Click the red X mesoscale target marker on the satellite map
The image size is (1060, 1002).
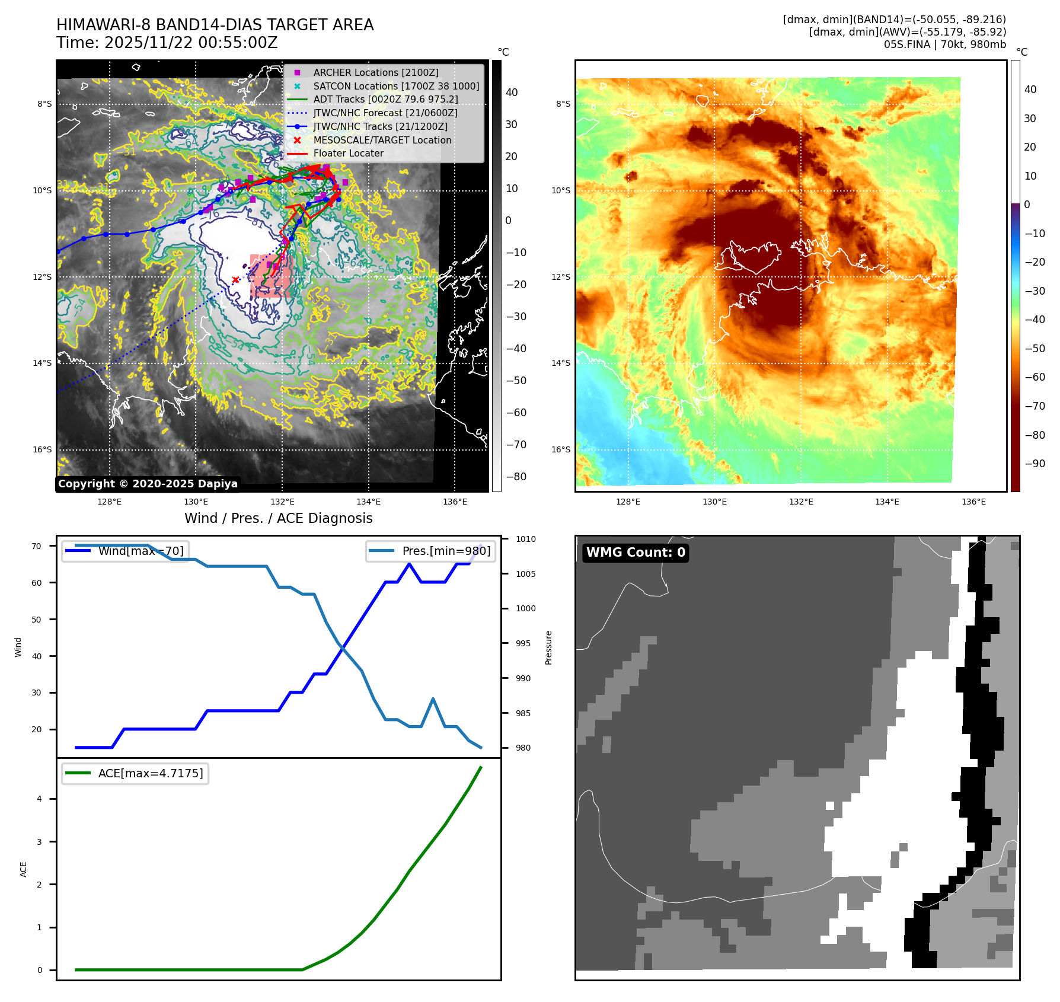pos(235,280)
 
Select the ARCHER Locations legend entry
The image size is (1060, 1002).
pos(376,72)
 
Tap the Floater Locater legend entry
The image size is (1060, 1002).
pos(348,153)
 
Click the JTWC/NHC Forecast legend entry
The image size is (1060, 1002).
pos(385,113)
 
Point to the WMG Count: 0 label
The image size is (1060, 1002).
pos(636,553)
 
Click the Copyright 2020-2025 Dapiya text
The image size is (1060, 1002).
pos(148,484)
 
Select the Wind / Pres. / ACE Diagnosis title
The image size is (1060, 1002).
pos(278,518)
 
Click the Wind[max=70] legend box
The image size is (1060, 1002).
pos(125,551)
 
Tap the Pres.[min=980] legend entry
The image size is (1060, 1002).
pos(431,551)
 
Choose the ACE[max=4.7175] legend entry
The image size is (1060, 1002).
pos(135,773)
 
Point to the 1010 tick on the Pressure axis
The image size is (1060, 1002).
pos(525,539)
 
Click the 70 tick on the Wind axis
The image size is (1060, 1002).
pos(37,546)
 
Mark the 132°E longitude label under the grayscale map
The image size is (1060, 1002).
pos(282,502)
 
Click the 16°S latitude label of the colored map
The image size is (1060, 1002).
pos(561,449)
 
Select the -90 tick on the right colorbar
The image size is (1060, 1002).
pos(1035,464)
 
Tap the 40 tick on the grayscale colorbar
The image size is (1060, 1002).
pos(512,92)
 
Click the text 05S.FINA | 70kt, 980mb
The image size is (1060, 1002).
pos(944,44)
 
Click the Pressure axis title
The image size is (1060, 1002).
pos(548,647)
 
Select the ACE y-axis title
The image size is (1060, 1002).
pos(24,869)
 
